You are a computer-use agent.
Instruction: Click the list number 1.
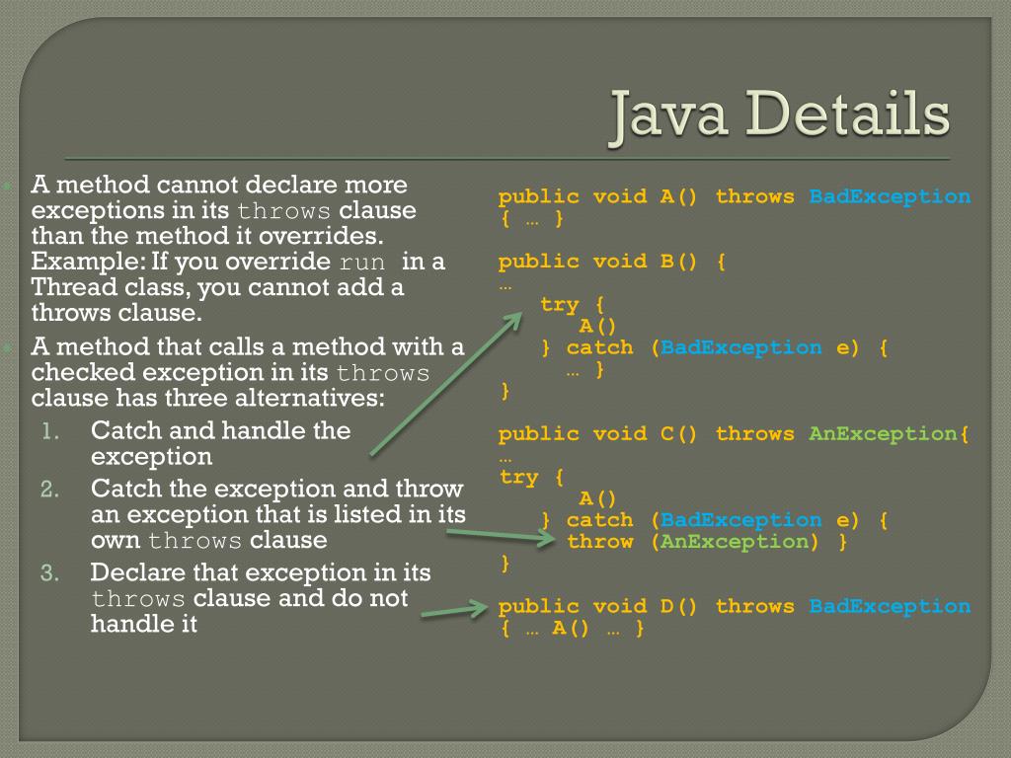[51, 431]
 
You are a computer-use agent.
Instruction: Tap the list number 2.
[52, 490]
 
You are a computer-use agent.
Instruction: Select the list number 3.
[52, 573]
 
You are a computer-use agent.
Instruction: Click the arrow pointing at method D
[455, 611]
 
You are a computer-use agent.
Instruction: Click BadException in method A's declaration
[890, 196]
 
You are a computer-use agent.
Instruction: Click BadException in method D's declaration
[890, 606]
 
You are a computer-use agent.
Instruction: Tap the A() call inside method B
[596, 327]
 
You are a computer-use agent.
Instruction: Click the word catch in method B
[599, 347]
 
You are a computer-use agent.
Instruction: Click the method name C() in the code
[678, 433]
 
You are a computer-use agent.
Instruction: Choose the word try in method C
[519, 477]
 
